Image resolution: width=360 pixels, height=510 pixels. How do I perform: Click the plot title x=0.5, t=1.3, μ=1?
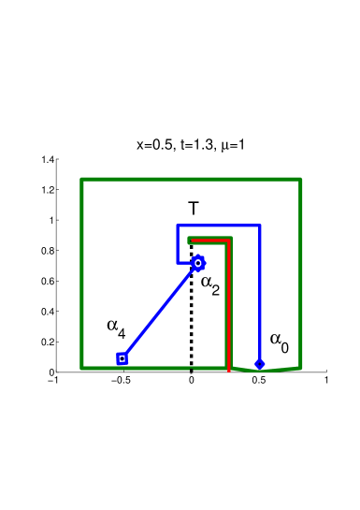click(191, 146)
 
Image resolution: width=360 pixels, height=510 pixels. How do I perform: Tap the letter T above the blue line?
click(194, 209)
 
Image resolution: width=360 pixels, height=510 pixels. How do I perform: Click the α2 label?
click(210, 284)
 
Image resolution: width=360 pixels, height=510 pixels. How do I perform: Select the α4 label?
click(116, 327)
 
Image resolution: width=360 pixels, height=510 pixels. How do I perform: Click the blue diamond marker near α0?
click(259, 363)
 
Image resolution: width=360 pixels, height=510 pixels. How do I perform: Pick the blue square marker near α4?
click(122, 358)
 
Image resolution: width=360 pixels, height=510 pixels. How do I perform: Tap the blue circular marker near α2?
click(197, 263)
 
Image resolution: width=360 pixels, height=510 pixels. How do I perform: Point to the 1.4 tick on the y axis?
click(50, 160)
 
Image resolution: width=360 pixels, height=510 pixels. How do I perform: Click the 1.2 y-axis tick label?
click(50, 190)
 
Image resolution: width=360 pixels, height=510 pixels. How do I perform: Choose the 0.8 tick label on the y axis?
click(50, 251)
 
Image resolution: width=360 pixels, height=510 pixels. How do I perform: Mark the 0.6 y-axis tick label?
click(50, 281)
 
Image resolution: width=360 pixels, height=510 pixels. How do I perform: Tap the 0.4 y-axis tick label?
click(50, 312)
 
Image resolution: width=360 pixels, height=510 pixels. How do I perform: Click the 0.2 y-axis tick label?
click(50, 342)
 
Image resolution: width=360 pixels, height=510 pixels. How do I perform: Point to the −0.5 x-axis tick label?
click(122, 381)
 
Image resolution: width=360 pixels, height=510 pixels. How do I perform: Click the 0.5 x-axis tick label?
click(259, 381)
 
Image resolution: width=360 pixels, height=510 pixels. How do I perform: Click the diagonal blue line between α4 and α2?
click(159, 312)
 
